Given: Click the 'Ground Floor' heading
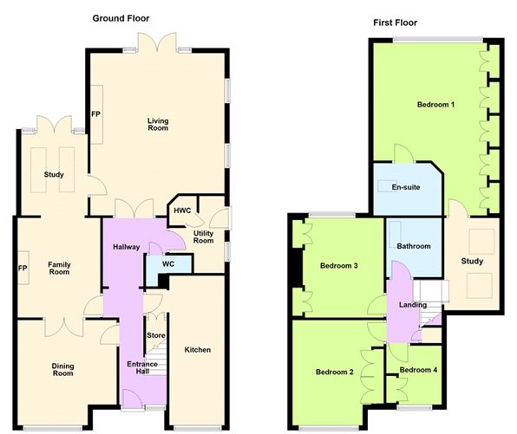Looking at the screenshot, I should (121, 17).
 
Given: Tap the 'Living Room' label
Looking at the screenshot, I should (157, 125).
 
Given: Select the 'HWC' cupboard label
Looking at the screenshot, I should (182, 211).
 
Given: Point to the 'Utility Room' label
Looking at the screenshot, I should (203, 236).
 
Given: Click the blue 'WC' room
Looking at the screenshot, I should (158, 264).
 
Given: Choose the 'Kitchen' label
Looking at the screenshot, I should (197, 350).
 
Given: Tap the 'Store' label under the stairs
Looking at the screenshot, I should (155, 335).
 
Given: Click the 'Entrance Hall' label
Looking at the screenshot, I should (142, 368).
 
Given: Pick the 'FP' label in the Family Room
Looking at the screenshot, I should (23, 268).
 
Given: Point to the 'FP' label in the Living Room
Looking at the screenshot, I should (95, 113).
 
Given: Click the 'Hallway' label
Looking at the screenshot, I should (127, 248).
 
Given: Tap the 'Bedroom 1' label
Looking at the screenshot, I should (435, 105).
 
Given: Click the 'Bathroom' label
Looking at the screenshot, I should (413, 246).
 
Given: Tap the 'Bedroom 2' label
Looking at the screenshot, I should (334, 372).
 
